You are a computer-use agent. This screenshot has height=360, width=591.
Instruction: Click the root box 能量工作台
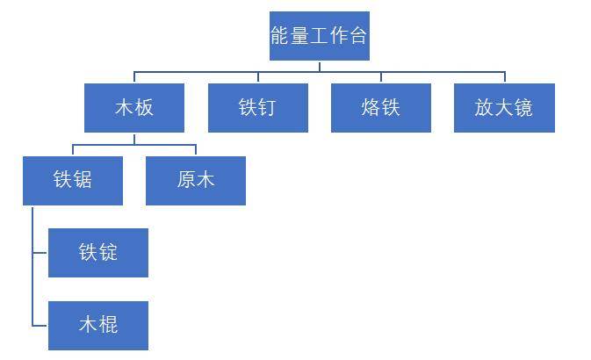[x=319, y=36]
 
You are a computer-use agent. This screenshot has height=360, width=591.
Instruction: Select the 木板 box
[x=134, y=108]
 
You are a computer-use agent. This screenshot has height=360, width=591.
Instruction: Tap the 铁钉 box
[x=257, y=108]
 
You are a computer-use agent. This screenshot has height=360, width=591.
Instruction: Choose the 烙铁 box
[x=380, y=108]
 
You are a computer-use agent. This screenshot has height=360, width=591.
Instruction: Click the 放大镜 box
[x=504, y=108]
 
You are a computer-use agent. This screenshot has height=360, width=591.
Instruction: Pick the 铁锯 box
[x=73, y=180]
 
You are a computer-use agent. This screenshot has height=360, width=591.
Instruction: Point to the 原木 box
[x=196, y=180]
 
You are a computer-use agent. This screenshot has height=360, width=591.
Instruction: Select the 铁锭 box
[x=97, y=253]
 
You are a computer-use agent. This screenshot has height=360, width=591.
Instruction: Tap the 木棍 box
[x=97, y=325]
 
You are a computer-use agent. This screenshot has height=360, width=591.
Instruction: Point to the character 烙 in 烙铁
[x=370, y=108]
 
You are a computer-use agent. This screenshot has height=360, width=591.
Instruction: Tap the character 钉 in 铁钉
[x=268, y=108]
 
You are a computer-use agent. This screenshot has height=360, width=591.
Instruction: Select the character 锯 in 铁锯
[x=83, y=180]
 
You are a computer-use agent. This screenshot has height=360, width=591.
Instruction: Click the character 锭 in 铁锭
[x=108, y=253]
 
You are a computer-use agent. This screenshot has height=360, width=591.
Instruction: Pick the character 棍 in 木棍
[x=108, y=325]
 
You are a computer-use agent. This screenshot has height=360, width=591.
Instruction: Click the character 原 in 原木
[x=186, y=180]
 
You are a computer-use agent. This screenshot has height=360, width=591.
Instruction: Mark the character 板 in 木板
[x=145, y=108]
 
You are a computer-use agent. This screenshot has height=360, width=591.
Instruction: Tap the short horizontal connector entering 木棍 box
[x=40, y=325]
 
